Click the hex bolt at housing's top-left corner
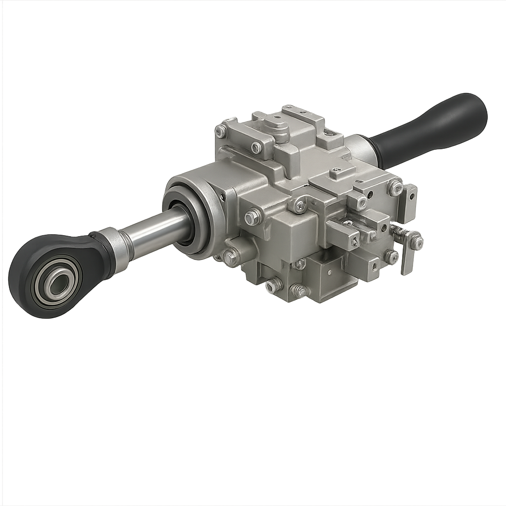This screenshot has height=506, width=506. (x=221, y=131)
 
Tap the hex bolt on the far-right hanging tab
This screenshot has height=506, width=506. (x=416, y=242)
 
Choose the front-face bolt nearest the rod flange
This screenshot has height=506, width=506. (x=253, y=216)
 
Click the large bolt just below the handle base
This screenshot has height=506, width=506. (x=395, y=187)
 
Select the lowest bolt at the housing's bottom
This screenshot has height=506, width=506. (x=299, y=291)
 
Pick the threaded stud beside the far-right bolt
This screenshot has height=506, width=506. (x=398, y=231)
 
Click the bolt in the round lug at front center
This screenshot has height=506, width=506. (x=299, y=206)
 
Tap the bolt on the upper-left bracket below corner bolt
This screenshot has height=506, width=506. (x=256, y=147)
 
